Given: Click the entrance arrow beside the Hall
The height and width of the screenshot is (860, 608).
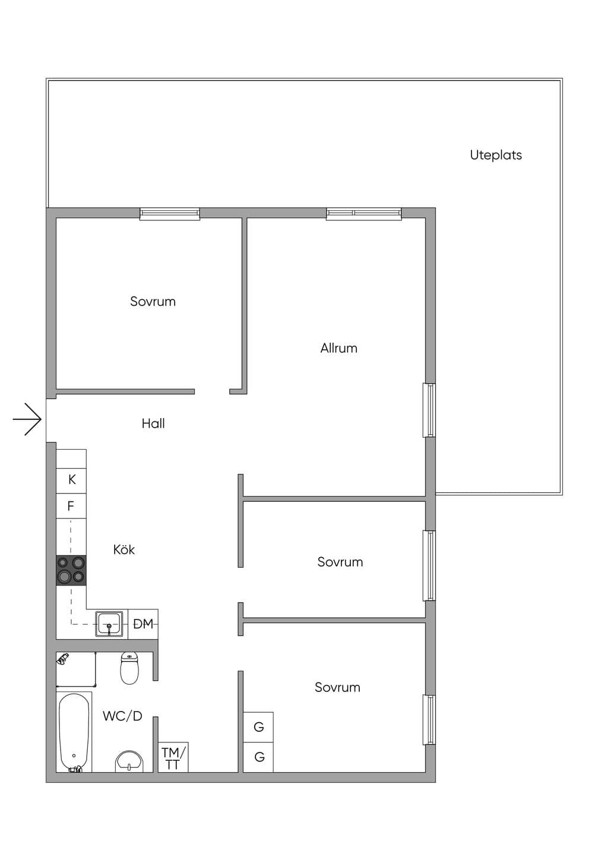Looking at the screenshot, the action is tap(27, 419).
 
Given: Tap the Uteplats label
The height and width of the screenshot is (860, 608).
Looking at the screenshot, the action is tap(496, 155).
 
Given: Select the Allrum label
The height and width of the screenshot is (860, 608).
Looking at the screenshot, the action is tap(338, 348).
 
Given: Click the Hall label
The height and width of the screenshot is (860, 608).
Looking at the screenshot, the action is tap(153, 423).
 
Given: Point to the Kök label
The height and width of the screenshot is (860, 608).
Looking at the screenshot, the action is tap(124, 549).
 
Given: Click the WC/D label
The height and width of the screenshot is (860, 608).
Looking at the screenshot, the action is tap(122, 716).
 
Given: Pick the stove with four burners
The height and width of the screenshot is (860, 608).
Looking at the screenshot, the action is tap(71, 570).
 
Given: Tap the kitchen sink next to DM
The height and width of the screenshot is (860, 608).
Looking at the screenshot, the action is tap(109, 624).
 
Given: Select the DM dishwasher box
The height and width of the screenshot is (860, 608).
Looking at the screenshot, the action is tap(142, 624).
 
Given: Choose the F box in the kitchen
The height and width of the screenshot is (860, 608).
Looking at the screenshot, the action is tap(71, 506).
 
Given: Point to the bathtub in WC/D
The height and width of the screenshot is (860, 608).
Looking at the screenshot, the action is tap(74, 732).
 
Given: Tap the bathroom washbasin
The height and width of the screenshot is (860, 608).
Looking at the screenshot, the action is tap(129, 761).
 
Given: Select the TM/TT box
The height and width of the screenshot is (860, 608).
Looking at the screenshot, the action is tap(173, 757).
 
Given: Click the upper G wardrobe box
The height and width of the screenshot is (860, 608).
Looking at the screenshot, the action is tap(258, 727).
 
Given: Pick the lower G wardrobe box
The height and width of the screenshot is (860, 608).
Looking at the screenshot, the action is tap(258, 757).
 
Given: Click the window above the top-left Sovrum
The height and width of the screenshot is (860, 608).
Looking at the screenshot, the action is tap(170, 213).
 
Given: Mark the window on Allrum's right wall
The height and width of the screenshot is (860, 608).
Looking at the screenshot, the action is tap(429, 410).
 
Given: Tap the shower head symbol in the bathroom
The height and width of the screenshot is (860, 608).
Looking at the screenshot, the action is tap(62, 659).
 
